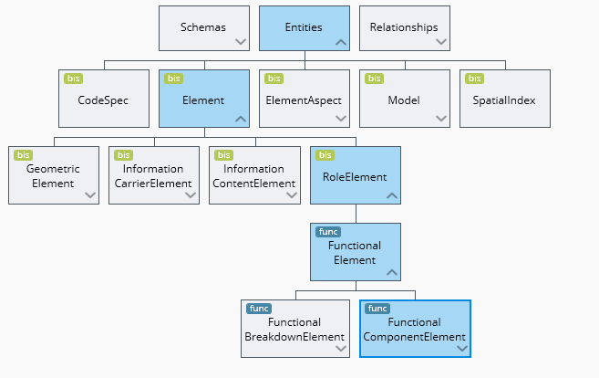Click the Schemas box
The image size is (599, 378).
(203, 27)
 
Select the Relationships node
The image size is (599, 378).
(404, 27)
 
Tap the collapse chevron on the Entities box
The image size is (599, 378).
(341, 41)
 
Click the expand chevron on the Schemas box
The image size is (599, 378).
(241, 41)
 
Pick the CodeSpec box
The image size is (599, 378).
(103, 100)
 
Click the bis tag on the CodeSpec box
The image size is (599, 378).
(73, 79)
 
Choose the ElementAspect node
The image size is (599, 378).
(304, 100)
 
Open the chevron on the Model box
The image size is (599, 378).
(441, 118)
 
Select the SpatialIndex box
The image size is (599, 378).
(504, 100)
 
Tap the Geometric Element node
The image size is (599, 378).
(53, 175)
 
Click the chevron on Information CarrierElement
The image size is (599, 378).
(191, 194)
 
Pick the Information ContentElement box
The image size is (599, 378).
(253, 175)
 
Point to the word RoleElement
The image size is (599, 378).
(356, 176)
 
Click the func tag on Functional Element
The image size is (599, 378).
(326, 232)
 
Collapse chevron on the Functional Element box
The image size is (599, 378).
(391, 271)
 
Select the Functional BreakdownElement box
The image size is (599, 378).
(294, 330)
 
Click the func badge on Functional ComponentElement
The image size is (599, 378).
(377, 309)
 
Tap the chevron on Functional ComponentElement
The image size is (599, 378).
(461, 348)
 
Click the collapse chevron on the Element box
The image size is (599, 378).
(241, 118)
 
